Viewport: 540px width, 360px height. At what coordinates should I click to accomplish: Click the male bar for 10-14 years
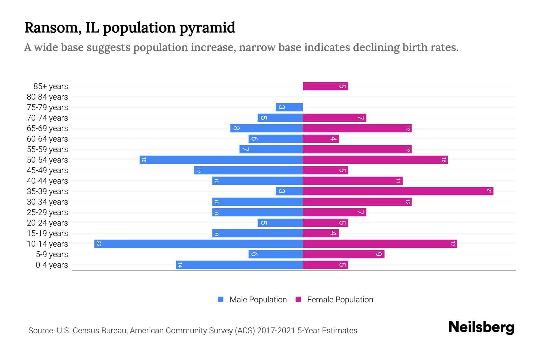click(198, 244)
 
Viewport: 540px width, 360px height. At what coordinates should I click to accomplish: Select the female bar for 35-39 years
click(398, 191)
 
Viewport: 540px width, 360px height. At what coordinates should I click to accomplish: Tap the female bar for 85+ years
click(325, 86)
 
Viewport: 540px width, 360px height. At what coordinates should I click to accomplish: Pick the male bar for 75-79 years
click(289, 107)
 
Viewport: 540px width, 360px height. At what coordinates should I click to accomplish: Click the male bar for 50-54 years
click(221, 160)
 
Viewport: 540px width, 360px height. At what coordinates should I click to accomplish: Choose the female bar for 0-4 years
click(325, 265)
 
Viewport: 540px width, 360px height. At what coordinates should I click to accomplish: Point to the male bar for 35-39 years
click(289, 191)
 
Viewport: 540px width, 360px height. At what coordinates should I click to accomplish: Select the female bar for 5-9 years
click(343, 254)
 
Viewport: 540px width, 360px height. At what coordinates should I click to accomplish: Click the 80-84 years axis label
click(47, 97)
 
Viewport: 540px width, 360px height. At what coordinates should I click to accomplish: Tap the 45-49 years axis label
click(47, 170)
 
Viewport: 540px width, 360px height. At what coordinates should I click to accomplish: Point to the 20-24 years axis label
click(47, 223)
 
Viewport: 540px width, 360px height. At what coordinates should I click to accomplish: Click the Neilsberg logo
click(481, 327)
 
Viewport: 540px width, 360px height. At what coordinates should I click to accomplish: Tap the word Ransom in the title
click(51, 28)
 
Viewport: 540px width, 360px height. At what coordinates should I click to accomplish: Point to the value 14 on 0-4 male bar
click(180, 265)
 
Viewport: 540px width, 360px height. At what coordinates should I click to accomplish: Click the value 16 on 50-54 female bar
click(444, 160)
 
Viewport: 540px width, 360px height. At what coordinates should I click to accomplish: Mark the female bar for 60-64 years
click(321, 139)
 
